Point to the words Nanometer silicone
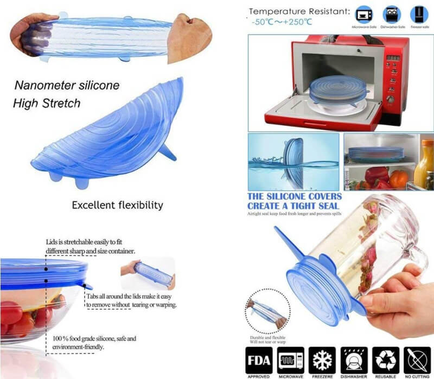tap(67, 86)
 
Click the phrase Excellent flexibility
tap(117, 205)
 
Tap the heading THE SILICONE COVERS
tap(295, 196)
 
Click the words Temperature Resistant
tap(298, 10)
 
